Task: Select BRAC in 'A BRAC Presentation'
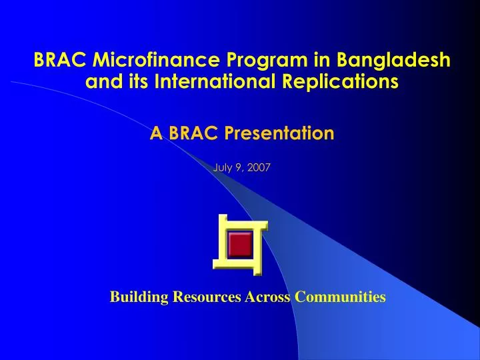pos(193,133)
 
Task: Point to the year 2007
pos(259,167)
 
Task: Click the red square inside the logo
pos(239,245)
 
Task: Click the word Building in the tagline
pos(139,297)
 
